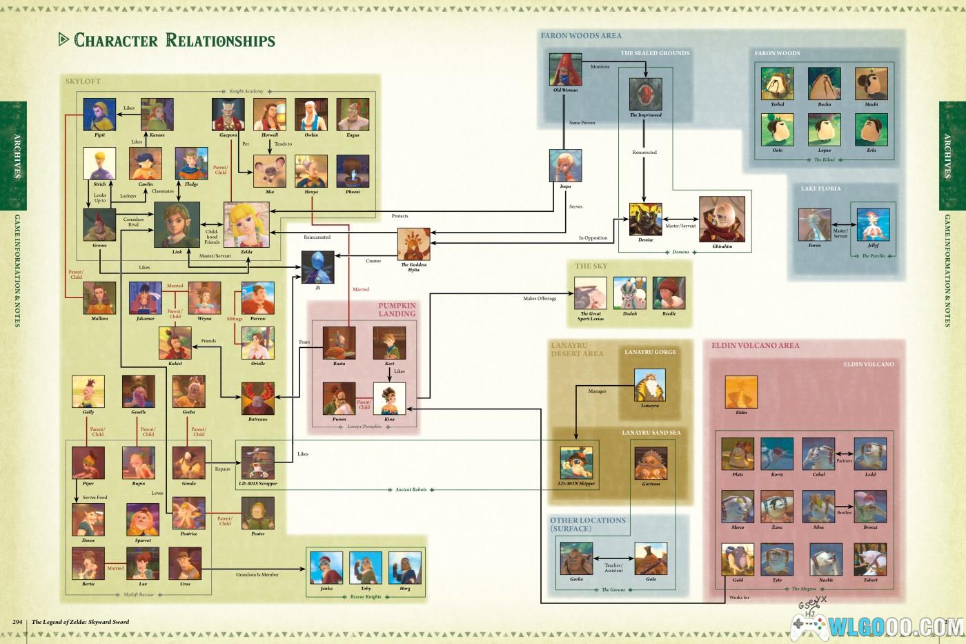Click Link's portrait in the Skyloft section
click(x=177, y=224)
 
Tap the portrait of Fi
click(x=318, y=266)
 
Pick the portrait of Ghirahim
click(x=722, y=219)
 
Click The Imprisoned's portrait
click(x=645, y=95)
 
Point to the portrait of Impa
click(x=565, y=166)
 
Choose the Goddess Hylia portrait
click(x=413, y=244)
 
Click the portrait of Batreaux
click(x=257, y=398)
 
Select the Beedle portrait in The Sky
click(x=669, y=293)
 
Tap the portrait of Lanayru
click(x=649, y=385)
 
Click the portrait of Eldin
click(x=741, y=392)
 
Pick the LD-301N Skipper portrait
click(x=576, y=462)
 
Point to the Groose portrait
click(x=99, y=225)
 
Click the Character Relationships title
click(x=175, y=41)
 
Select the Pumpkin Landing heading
click(x=397, y=310)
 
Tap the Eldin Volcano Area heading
click(x=756, y=345)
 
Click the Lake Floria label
click(x=820, y=188)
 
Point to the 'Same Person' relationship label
click(x=582, y=123)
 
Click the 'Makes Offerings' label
click(x=539, y=299)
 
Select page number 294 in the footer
click(x=18, y=622)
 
